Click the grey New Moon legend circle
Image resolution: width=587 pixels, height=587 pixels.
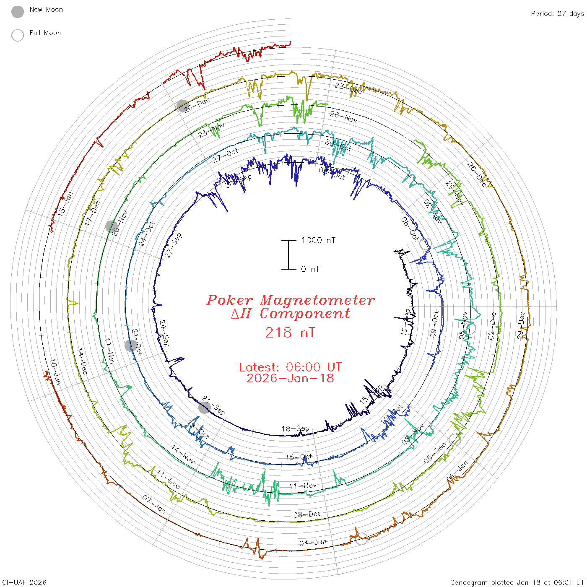coord(18,12)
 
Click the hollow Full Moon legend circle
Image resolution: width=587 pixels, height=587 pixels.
coord(18,36)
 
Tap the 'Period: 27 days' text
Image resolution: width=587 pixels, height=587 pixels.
coord(557,14)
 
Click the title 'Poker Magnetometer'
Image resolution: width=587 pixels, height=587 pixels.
coord(290,301)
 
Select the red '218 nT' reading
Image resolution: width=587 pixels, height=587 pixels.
coord(290,333)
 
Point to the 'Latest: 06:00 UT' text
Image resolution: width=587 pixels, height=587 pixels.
coord(290,367)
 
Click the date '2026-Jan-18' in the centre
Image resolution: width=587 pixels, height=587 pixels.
coord(290,379)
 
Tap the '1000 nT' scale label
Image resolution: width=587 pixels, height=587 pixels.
coord(318,241)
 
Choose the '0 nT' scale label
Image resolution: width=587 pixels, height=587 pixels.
coord(310,269)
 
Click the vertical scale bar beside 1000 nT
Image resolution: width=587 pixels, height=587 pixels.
coord(288,255)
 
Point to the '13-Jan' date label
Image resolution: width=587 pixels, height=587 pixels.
coord(65,204)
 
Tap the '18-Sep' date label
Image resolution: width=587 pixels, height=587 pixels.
coord(295,429)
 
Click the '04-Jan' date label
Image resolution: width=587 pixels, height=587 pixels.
coord(313,543)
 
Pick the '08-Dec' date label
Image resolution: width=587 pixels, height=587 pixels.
coord(307,514)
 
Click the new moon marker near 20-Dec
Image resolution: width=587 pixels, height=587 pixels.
coord(182,106)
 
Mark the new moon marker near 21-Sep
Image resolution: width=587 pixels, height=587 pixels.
coord(205,408)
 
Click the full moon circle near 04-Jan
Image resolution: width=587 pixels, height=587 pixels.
coord(361,539)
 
